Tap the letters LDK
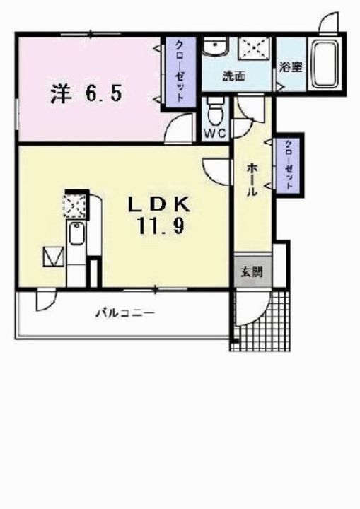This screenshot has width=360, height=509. tap(158, 205)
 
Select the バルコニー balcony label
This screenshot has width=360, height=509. tap(125, 312)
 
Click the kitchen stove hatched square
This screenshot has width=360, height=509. tap(75, 204)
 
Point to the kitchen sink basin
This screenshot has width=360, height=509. tap(75, 233)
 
